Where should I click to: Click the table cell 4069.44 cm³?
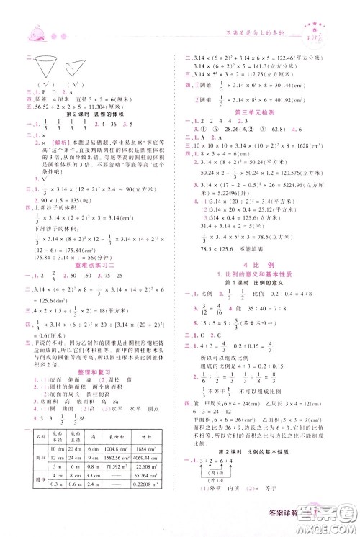(160, 459)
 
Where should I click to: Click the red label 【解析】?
(52, 143)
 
